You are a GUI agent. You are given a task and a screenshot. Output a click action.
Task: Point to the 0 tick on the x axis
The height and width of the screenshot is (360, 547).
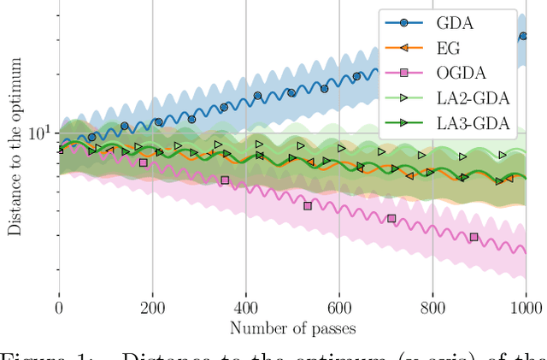coord(59,306)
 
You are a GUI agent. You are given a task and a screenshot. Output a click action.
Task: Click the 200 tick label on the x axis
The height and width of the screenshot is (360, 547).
coord(152,306)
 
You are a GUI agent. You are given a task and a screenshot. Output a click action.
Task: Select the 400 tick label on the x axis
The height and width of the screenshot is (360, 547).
coord(245,306)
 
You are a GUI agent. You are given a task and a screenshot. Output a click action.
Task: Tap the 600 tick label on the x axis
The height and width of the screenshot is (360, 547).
coord(338,306)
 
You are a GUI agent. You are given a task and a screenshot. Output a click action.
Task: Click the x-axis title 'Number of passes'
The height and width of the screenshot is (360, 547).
coord(291,327)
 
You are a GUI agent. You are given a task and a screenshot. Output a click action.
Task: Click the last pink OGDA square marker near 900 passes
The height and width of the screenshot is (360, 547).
coord(474,237)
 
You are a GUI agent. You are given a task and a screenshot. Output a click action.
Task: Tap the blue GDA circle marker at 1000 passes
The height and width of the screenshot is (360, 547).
coord(523,36)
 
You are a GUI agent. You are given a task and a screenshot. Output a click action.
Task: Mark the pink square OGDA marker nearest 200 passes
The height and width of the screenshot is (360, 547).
coord(143,162)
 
